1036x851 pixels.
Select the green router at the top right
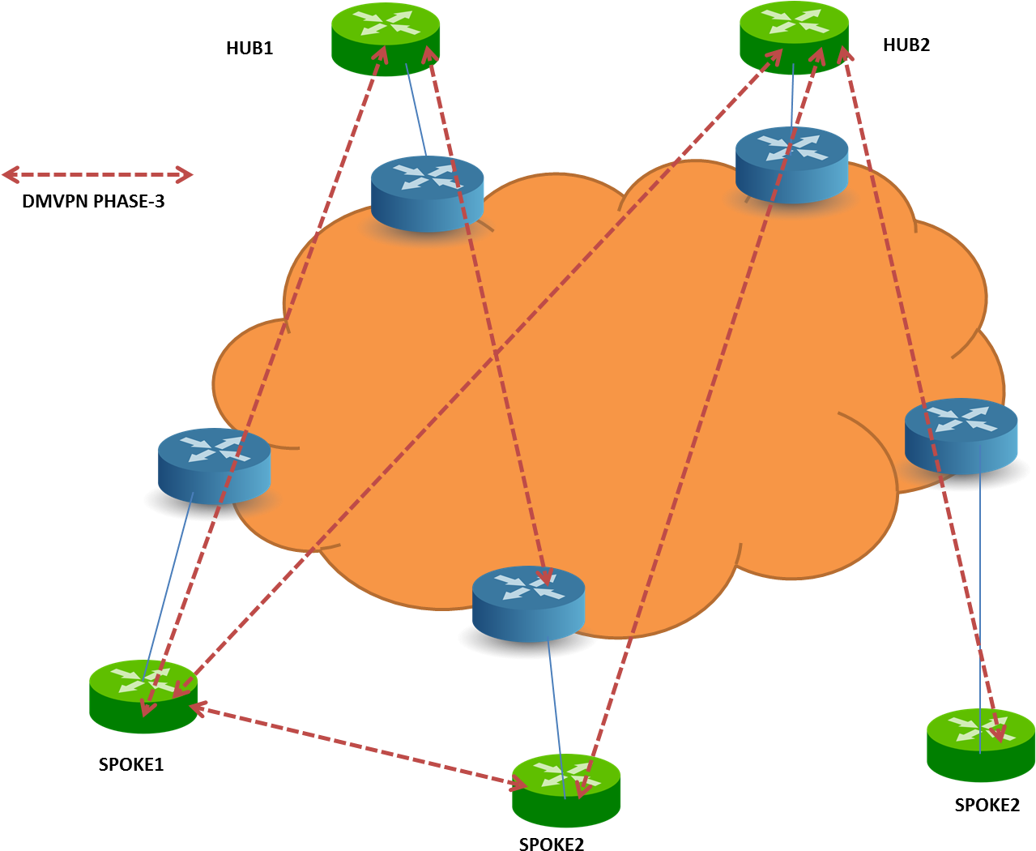794,36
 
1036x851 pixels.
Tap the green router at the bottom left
143,696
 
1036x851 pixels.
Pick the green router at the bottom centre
566,790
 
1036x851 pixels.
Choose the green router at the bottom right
980,745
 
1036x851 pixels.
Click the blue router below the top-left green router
427,193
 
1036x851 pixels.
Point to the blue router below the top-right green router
791,164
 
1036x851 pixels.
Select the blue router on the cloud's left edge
214,465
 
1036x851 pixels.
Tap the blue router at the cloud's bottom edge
528,603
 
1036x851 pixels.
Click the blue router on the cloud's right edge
961,434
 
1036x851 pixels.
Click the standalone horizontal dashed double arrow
97,174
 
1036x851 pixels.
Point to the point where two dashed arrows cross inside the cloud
495,355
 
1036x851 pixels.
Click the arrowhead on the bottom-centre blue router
545,576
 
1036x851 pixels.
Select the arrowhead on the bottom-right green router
1000,734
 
